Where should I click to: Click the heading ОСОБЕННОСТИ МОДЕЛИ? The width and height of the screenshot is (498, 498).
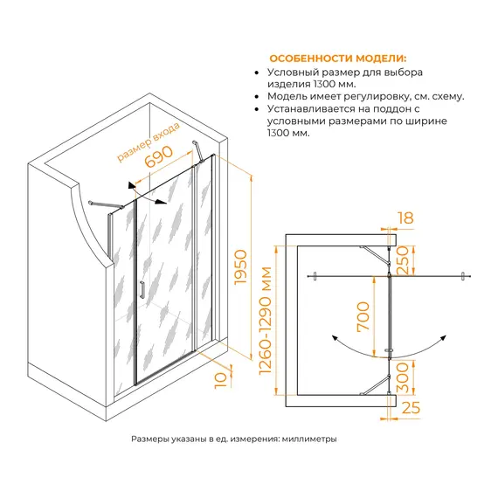337,59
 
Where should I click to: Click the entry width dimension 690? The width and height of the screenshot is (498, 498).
159,156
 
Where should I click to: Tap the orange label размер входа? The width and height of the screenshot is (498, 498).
149,142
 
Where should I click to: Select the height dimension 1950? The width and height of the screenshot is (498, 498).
240,266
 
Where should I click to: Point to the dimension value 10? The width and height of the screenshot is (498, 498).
221,380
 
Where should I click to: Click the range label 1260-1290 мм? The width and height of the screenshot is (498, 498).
266,321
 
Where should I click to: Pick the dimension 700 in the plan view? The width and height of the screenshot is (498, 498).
363,316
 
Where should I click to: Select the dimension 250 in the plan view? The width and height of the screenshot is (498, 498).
402,259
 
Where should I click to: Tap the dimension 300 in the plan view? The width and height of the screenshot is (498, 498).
402,377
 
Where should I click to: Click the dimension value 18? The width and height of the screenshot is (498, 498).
405,218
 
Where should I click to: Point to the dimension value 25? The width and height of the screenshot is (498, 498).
411,407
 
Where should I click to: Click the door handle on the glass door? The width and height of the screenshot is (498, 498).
142,289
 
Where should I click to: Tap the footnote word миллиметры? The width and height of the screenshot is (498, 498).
309,439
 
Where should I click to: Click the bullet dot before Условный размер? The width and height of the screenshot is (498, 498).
257,73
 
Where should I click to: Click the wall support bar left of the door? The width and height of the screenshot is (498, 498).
106,204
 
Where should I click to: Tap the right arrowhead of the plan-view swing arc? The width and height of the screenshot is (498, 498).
443,338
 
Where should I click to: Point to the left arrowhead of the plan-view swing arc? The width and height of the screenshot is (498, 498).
335,338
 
